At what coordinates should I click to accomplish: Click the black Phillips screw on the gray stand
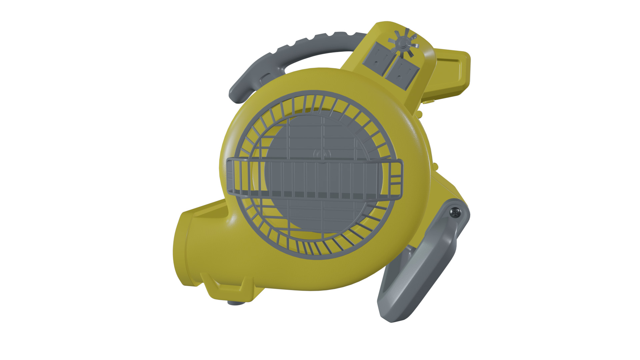[x=455, y=212]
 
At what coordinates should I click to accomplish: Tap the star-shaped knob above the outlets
[x=404, y=42]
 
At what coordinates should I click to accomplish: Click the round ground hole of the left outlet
[x=377, y=63]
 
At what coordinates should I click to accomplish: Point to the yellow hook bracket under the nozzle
[x=223, y=287]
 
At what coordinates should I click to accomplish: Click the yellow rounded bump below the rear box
[x=419, y=114]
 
